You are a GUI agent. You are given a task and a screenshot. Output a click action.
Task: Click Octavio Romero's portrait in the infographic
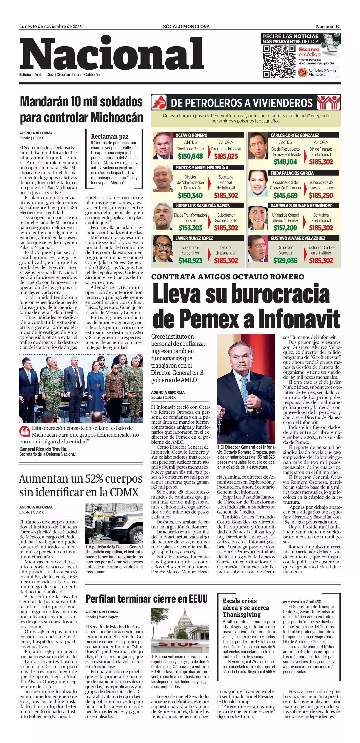click(162, 146)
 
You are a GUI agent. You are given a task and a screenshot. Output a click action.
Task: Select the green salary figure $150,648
click(190, 156)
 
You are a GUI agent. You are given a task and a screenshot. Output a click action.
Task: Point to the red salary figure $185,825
click(226, 156)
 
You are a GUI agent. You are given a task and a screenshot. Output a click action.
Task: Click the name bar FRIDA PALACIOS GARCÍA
click(292, 173)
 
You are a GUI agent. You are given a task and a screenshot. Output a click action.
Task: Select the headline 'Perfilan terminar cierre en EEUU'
click(147, 599)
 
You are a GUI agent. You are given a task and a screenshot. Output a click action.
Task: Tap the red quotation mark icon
click(24, 431)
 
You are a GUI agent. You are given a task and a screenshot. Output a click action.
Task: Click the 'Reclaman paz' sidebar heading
click(110, 137)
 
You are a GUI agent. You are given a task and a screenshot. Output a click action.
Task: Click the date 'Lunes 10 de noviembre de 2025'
click(51, 27)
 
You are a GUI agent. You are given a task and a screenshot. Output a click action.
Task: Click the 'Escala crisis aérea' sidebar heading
click(246, 607)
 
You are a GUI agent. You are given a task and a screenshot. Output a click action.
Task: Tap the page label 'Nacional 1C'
click(328, 27)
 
